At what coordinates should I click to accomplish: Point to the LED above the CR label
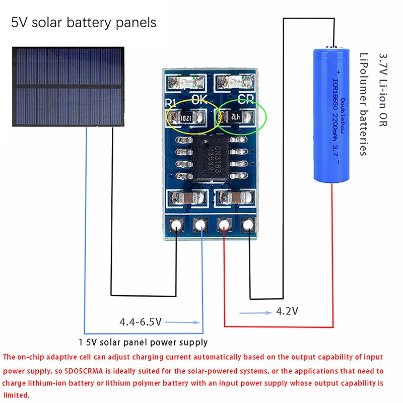pyautogui.click(x=234, y=81)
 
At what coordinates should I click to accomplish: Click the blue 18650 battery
pyautogui.click(x=331, y=114)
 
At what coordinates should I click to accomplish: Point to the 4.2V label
pyautogui.click(x=287, y=312)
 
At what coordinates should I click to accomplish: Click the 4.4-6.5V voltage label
pyautogui.click(x=140, y=321)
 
